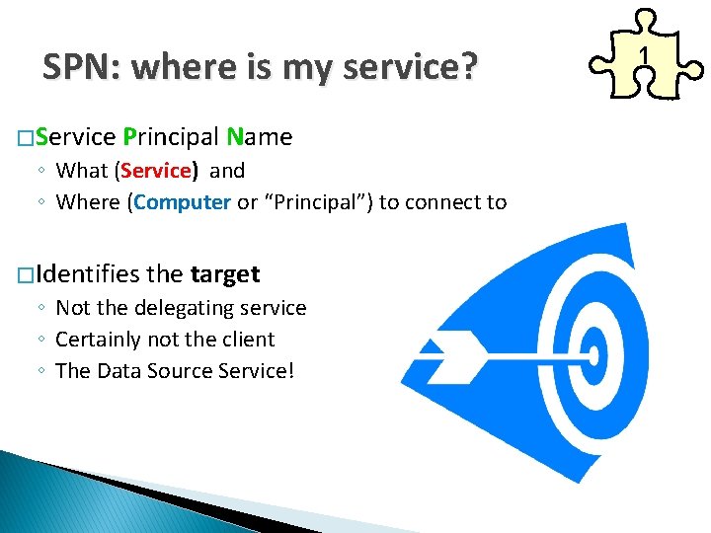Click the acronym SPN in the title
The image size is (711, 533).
tap(79, 67)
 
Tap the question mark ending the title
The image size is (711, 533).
tap(468, 67)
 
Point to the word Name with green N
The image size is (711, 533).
tap(259, 137)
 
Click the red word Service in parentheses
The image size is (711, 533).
tap(157, 171)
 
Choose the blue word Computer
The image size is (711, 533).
tap(183, 202)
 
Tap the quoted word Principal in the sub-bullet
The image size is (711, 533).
tap(318, 202)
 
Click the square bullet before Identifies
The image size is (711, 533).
tap(24, 274)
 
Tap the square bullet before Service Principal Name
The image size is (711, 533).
tap(24, 138)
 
